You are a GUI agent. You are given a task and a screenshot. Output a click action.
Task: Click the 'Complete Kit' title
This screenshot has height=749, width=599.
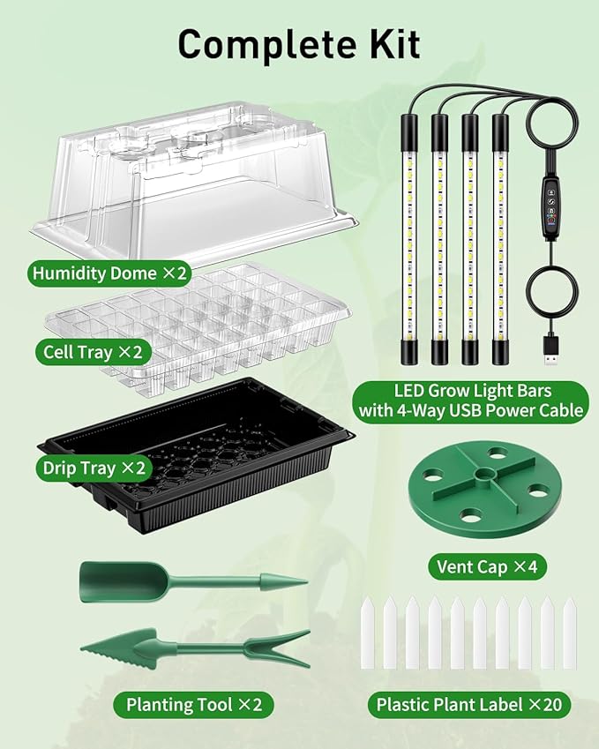(299, 44)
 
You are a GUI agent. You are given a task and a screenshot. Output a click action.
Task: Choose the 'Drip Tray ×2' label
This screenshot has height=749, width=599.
(92, 468)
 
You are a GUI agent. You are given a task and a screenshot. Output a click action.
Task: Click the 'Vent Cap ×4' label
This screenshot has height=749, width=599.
(486, 566)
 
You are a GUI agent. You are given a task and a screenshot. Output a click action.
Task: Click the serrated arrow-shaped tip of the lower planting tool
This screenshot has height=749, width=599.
(110, 648)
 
